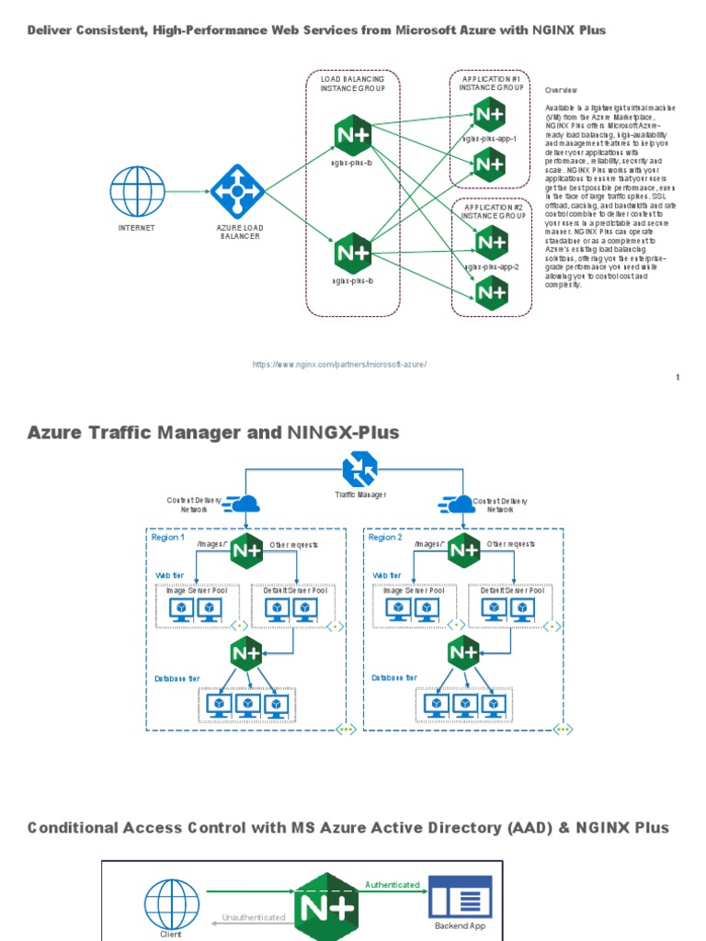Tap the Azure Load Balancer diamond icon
tap(237, 191)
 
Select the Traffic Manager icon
tap(359, 470)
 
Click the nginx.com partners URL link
tap(340, 365)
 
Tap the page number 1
tap(678, 378)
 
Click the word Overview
tap(561, 91)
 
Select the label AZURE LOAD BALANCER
tap(238, 232)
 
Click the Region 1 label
tap(167, 538)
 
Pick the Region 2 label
tap(385, 538)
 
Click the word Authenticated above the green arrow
tap(393, 885)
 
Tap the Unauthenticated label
tap(254, 917)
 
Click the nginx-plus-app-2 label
tap(492, 266)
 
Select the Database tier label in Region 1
tap(176, 678)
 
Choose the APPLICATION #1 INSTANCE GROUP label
tap(492, 83)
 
